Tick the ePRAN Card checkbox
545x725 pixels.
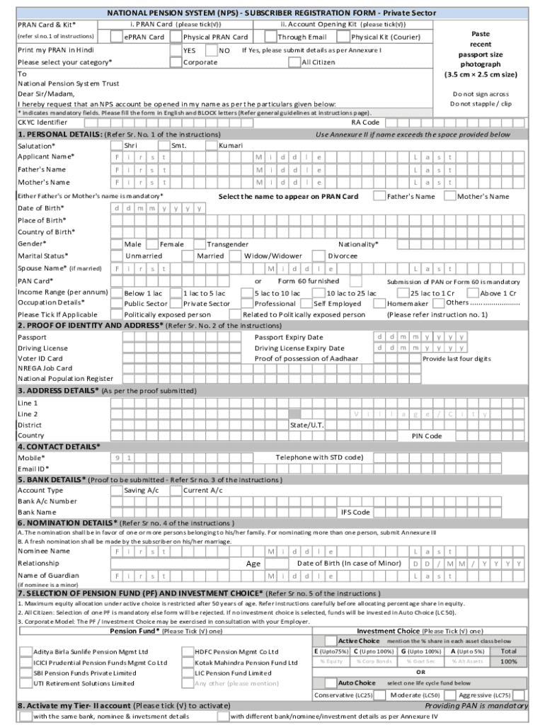tap(117, 37)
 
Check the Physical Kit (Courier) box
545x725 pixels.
tap(345, 37)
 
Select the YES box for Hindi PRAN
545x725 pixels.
tap(176, 50)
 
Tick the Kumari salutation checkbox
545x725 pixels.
tap(212, 145)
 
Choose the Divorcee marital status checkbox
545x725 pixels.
tap(321, 256)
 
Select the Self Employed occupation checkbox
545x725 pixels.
tap(307, 303)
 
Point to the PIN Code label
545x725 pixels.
tap(427, 436)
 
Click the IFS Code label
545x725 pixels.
tap(355, 512)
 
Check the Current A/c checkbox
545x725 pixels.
tap(176, 490)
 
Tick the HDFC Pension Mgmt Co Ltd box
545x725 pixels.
tap(188, 651)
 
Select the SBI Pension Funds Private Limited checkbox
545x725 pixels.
tap(26, 673)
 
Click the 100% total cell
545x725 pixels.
tap(508, 661)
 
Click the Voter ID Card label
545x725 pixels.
tap(40, 358)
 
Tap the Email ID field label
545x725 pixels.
tap(33, 469)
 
